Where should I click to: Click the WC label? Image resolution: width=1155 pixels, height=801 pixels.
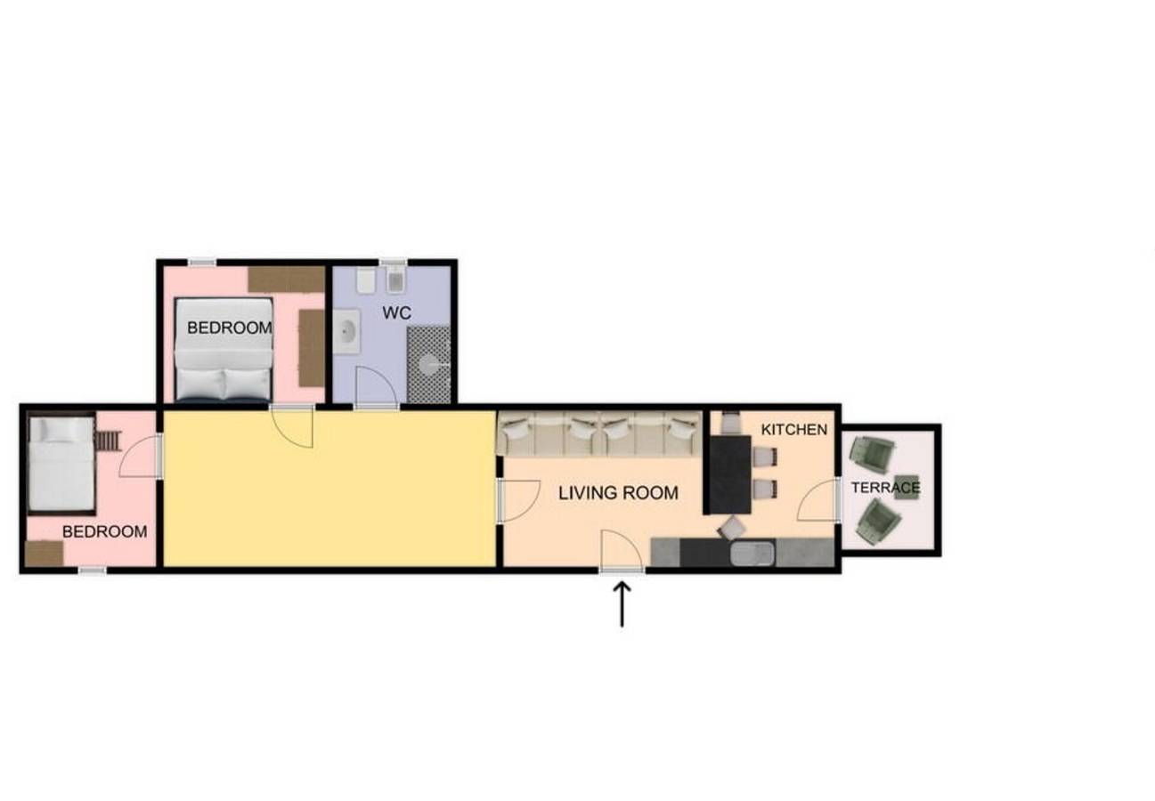point(396,313)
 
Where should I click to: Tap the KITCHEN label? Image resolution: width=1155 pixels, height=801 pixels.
point(794,429)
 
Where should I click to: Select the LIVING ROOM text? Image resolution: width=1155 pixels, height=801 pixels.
point(618,493)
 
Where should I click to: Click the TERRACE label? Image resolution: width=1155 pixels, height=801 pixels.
point(885,488)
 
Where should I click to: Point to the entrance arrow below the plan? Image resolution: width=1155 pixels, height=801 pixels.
point(622,604)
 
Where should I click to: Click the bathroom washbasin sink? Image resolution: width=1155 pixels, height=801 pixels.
point(347,331)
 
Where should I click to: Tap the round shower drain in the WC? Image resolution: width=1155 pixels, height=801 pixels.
point(429,365)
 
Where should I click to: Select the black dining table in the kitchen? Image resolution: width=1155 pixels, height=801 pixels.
point(729,474)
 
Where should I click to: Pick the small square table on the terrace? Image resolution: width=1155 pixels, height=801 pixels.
point(906,487)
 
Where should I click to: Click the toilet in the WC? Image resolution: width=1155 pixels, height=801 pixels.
point(366,280)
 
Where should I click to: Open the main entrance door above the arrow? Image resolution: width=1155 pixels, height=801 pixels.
point(622,552)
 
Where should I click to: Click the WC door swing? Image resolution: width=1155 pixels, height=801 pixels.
point(377,387)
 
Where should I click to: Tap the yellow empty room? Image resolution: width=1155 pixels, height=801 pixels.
point(329,489)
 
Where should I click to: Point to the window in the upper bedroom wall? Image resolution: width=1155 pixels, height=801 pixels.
point(201,263)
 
